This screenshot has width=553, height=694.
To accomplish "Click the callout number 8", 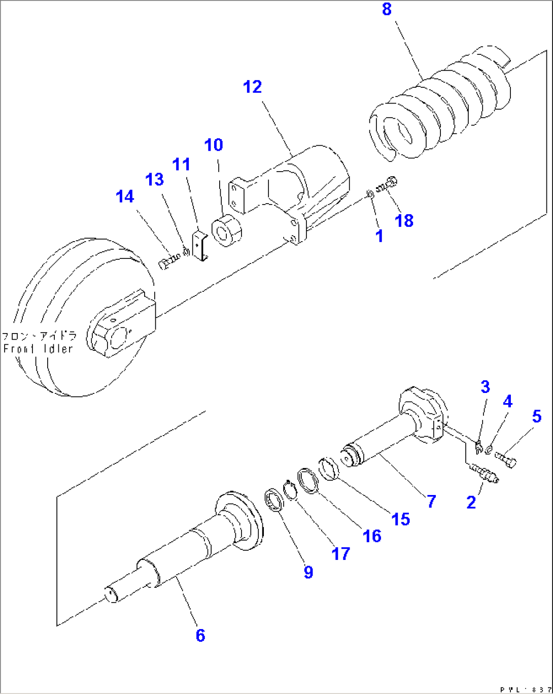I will pos(387,10).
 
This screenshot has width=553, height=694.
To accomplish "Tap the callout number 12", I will pos(252,87).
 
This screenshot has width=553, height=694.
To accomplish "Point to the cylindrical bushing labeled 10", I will pos(226,232).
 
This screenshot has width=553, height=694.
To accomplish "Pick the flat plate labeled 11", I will pos(200,245).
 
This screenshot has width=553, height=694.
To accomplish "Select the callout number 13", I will pos(155,179).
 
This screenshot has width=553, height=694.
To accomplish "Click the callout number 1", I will pos(379,236).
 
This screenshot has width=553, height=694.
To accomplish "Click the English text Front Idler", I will pos(39,349).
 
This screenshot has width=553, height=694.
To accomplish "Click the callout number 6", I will pos(200,635).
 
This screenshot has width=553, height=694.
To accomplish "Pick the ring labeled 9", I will pos(274,500).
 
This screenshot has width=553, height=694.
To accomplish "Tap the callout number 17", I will pos(340,553).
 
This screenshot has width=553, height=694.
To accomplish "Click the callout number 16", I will pos(372,536).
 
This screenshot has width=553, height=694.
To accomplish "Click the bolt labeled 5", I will pos(506,459).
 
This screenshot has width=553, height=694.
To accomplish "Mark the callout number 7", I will pos(431,502).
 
